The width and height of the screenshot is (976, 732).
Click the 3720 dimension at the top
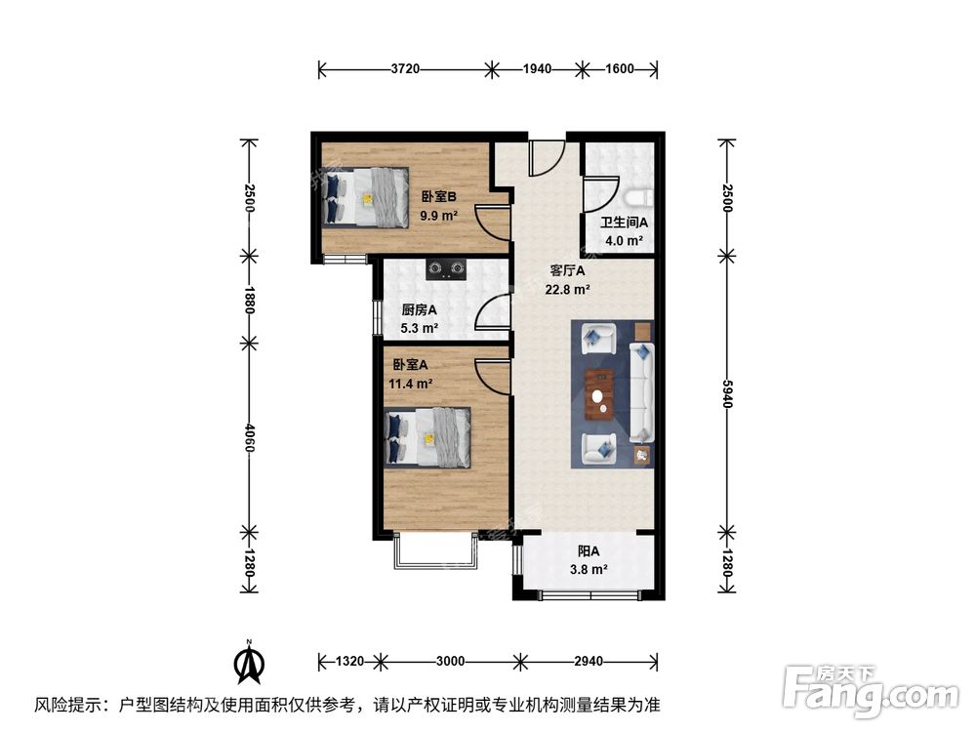click(x=405, y=69)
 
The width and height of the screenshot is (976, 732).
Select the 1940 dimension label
click(x=538, y=69)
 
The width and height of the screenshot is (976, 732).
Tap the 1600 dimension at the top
click(x=620, y=69)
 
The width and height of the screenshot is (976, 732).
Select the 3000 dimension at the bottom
click(x=450, y=661)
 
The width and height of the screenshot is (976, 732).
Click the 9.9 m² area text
click(x=439, y=216)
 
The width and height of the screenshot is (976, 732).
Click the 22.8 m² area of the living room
click(x=567, y=289)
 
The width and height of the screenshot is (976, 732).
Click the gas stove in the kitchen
click(x=446, y=268)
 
